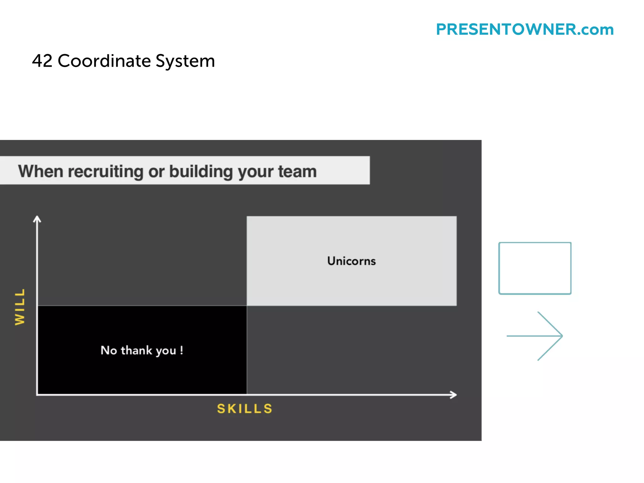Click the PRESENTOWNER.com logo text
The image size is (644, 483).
click(525, 30)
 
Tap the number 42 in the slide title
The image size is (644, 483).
click(42, 61)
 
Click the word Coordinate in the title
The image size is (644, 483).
click(104, 61)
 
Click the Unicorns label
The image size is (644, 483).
click(351, 261)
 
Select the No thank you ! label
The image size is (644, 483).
click(142, 350)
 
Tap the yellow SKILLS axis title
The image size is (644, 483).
click(245, 408)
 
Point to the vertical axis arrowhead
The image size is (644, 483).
click(37, 219)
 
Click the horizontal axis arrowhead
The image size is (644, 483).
click(453, 395)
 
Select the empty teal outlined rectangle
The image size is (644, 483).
click(535, 268)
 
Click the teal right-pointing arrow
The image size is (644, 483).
click(535, 336)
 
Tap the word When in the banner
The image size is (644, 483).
click(41, 172)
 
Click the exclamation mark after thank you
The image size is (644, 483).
click(181, 350)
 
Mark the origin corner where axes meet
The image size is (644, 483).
click(37, 394)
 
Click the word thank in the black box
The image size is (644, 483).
click(136, 350)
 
